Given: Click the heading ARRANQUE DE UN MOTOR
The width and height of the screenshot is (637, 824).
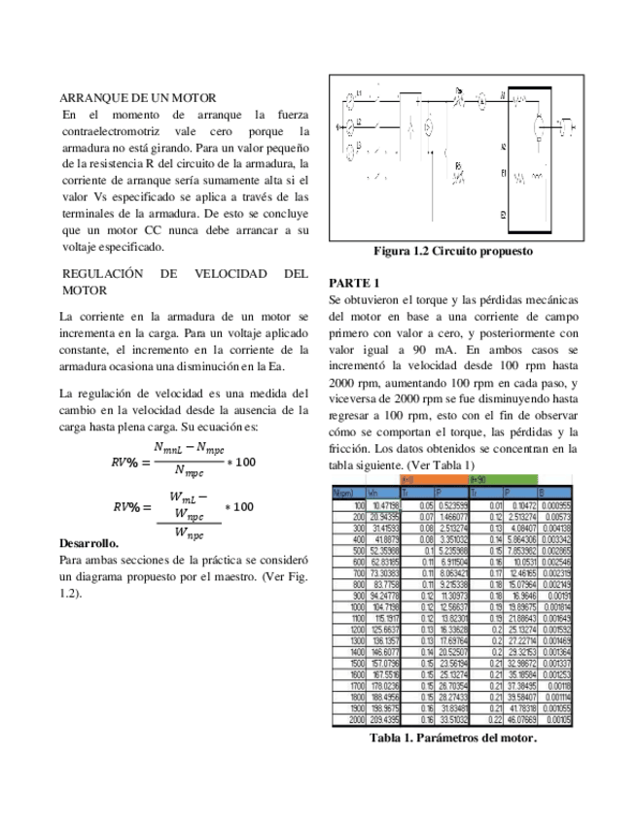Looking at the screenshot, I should click(x=137, y=99).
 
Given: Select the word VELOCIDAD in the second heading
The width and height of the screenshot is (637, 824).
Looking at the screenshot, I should click(x=232, y=275).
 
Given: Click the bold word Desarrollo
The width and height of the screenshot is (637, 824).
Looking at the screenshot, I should click(x=88, y=541).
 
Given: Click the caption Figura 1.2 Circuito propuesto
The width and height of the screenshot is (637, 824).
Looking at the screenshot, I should click(x=453, y=251).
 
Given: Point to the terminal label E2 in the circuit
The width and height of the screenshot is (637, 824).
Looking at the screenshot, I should click(x=503, y=214).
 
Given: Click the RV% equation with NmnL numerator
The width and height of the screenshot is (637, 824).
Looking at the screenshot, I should click(x=185, y=457).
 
